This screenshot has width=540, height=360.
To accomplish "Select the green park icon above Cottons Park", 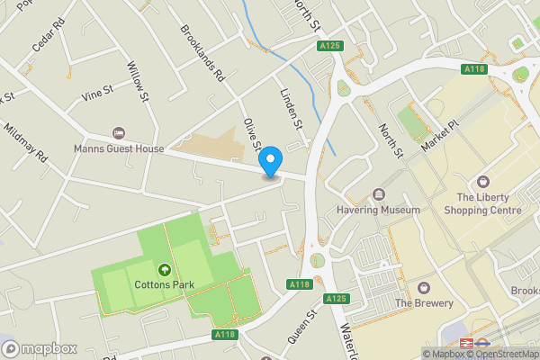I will point(165,269).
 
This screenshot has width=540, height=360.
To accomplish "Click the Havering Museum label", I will point(379,210).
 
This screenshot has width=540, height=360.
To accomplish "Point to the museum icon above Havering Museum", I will point(378,194).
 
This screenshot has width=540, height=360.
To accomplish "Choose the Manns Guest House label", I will point(119,148).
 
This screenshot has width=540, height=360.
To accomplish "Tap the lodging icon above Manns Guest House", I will point(119,132).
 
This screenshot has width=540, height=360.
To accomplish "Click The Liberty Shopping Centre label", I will point(489,203).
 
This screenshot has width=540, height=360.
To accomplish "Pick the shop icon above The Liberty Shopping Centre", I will point(484,182).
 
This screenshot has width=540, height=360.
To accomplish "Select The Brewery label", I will point(423,303).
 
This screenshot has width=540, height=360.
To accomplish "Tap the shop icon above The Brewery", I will point(423,288).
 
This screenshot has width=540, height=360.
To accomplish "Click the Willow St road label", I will point(139,81).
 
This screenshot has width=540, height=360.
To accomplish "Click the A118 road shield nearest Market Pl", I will point(474,69).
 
